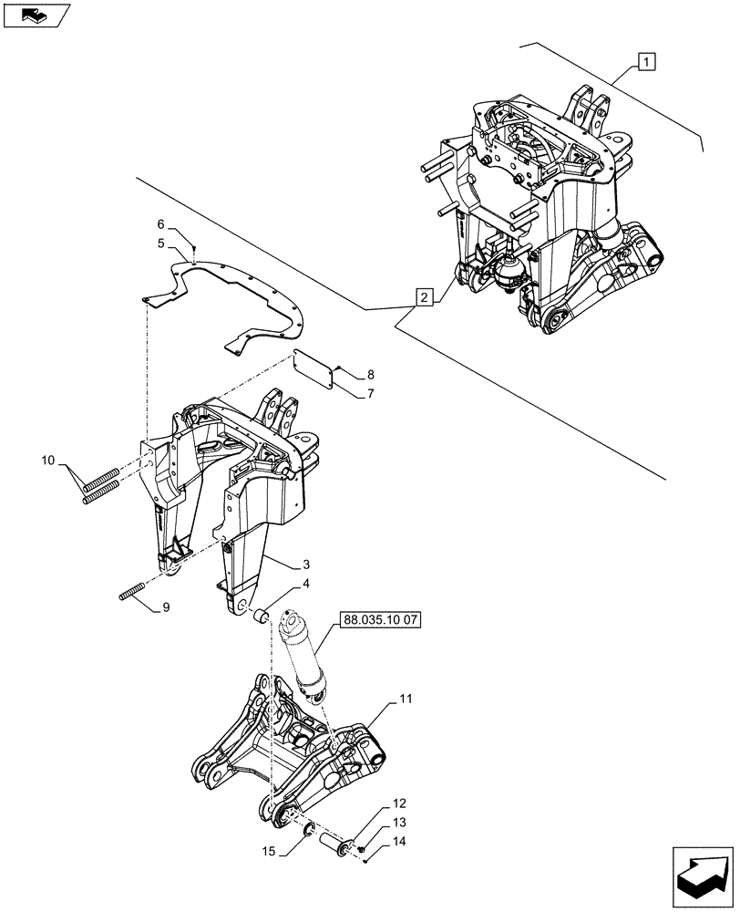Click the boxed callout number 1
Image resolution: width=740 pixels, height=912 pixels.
point(645,62)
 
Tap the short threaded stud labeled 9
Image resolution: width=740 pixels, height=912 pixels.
point(133,591)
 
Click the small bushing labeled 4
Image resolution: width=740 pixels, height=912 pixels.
point(261,617)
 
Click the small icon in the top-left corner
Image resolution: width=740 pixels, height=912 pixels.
point(35,14)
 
